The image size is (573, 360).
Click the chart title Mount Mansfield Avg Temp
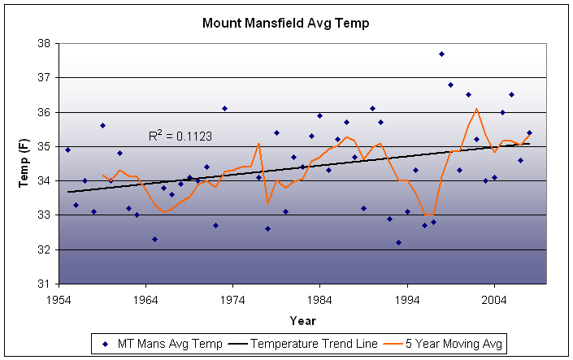pos(286,24)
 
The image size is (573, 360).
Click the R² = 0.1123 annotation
pos(180,137)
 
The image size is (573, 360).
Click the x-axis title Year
pos(302,320)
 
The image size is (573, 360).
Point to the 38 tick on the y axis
pos(44,44)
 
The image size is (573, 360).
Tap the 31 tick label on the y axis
pos(44,284)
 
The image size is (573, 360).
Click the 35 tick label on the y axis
pos(44,147)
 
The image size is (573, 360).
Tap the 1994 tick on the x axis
pos(408,300)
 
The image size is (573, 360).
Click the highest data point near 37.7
pos(442,54)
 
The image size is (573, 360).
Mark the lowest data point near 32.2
pos(398,242)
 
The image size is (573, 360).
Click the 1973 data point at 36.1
pos(224,108)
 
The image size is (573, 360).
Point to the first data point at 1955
pos(67,150)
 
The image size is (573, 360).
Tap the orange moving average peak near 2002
pos(476,109)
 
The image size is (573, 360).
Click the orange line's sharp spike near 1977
pos(258,144)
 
